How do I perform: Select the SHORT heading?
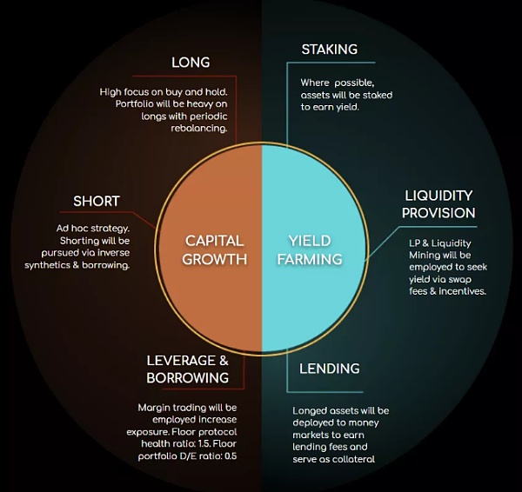(97, 202)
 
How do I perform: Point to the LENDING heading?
(330, 369)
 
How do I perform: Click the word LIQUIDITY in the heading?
(439, 196)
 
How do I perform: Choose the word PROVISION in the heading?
(439, 213)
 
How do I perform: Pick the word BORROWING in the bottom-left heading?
(188, 378)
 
